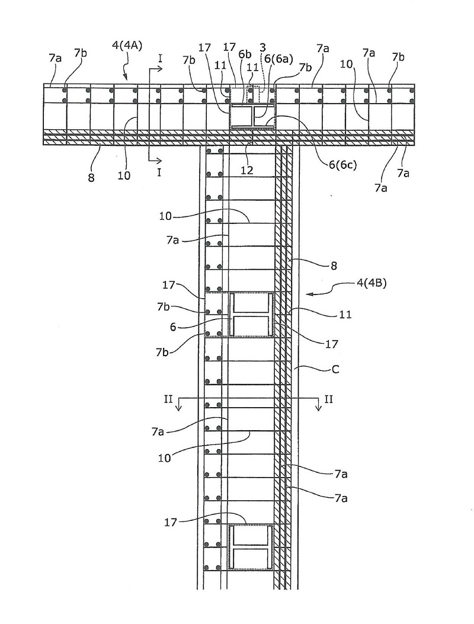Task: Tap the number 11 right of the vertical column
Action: pyautogui.click(x=345, y=315)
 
